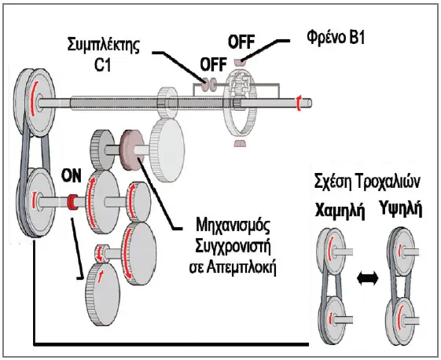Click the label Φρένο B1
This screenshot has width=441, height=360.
(x=336, y=37)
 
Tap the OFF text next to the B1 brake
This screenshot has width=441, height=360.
(x=241, y=42)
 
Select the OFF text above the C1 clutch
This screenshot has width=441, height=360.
(x=214, y=64)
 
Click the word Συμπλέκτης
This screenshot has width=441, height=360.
(x=104, y=46)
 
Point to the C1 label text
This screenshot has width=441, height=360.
(x=102, y=64)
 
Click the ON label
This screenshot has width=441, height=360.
(x=72, y=176)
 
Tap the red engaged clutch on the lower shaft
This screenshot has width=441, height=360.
(x=73, y=202)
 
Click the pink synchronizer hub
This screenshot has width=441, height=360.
(x=131, y=149)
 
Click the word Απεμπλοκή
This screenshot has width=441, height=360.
(x=241, y=268)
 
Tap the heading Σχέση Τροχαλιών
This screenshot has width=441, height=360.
(x=367, y=182)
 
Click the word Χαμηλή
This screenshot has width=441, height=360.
(x=340, y=210)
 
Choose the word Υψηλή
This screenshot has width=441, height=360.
(x=400, y=208)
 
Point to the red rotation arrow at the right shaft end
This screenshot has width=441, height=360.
(x=299, y=103)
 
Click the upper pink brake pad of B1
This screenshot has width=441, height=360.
(x=240, y=62)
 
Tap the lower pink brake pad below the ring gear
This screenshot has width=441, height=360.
(x=240, y=143)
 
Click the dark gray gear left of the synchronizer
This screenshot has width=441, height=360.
(x=102, y=149)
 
